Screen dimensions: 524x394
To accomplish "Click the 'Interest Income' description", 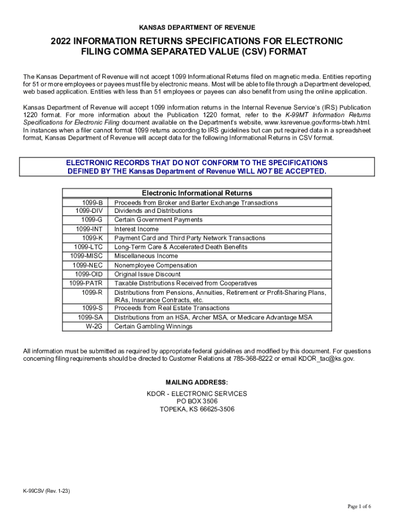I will pos(136,229).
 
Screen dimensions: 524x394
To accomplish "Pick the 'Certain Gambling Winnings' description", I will pos(153,326).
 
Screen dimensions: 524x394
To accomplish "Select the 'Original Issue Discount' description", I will pos(147,274).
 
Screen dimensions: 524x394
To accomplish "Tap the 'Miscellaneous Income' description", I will pos(146,256).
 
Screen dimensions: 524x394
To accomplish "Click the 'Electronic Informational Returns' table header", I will pos(197,193).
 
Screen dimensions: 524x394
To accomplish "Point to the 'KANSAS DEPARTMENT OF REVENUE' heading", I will pos(197,27).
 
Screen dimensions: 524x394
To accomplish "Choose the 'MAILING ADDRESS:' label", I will pos(197,382).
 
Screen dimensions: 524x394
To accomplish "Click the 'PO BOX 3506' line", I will pos(197,401).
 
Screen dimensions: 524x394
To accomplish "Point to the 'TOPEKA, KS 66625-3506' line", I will pos(197,409).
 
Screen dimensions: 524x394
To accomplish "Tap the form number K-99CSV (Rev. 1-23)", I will pos(47,491).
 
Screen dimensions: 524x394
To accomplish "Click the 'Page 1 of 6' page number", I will pos(359,507).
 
